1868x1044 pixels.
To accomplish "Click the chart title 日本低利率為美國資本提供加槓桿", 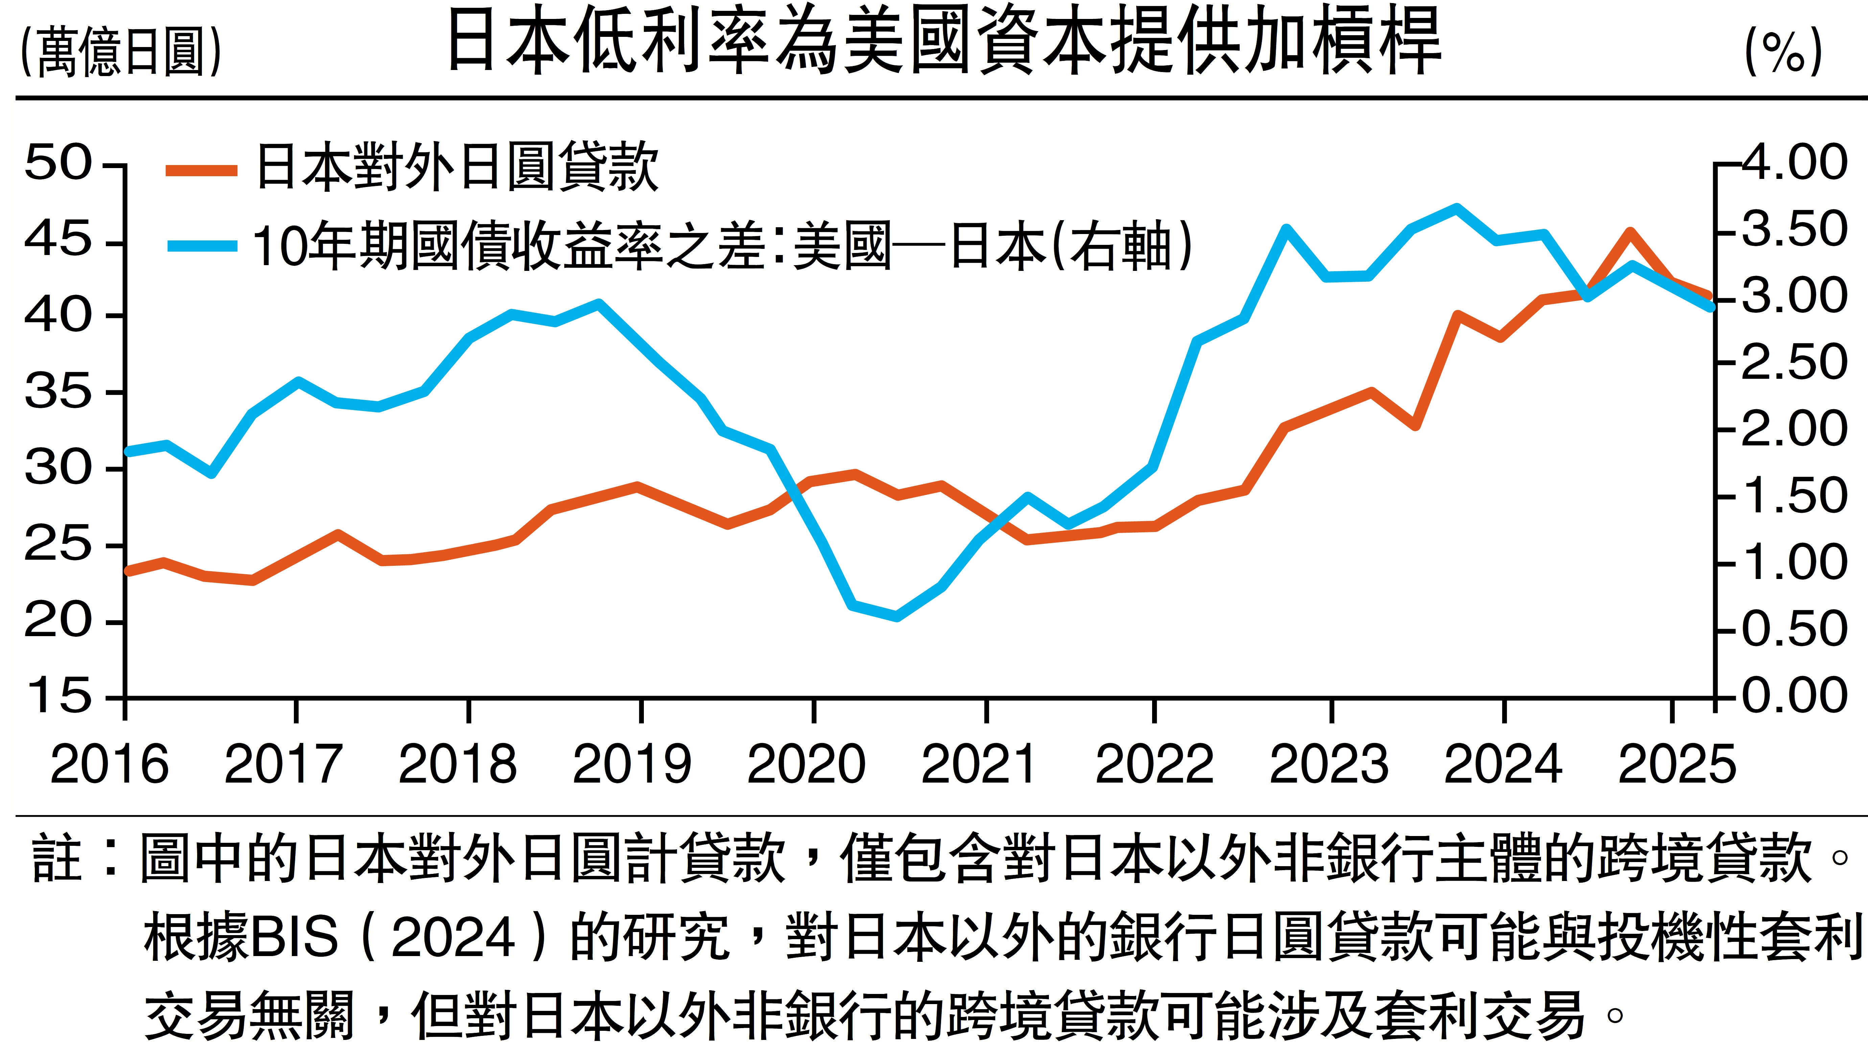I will pyautogui.click(x=943, y=42).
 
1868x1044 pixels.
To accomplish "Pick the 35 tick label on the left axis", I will pyautogui.click(x=58, y=392).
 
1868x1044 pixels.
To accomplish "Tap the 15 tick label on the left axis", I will pyautogui.click(x=58, y=696).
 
